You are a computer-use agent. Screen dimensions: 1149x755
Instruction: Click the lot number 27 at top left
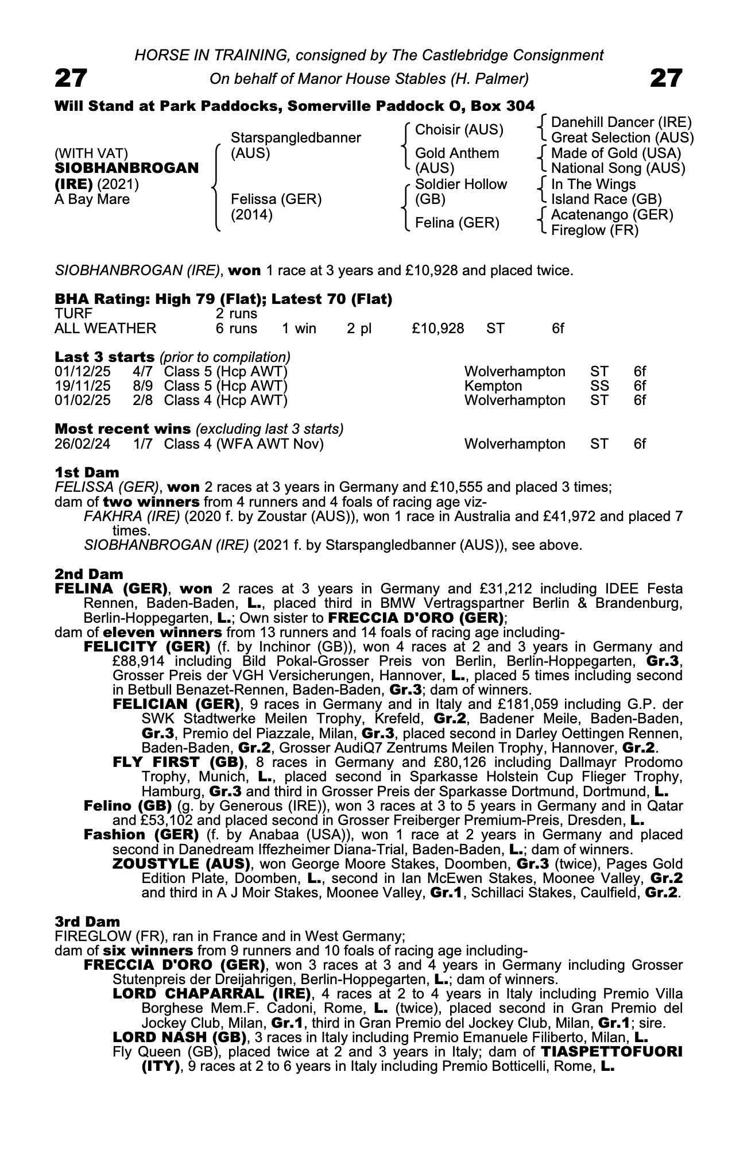71,78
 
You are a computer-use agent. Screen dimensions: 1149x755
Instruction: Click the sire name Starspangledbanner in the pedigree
296,138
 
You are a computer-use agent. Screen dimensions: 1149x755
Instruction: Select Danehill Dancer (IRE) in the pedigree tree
621,122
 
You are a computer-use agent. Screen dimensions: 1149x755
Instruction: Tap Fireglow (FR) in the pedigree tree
595,230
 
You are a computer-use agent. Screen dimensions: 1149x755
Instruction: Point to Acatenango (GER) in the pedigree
612,215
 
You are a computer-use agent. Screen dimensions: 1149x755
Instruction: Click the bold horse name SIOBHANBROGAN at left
127,168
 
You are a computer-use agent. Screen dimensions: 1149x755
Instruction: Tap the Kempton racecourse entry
493,386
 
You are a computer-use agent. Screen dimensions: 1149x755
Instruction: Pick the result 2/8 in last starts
143,400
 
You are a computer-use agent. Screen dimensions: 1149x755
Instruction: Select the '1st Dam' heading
87,472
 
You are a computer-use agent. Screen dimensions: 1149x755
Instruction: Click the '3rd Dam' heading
87,922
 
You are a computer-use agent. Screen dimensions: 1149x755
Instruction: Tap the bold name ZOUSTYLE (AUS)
181,864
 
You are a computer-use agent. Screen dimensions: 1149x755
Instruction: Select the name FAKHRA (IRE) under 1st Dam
133,516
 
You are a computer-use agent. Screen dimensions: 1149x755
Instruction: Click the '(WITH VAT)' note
91,153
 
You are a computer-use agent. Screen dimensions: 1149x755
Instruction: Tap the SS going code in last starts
599,386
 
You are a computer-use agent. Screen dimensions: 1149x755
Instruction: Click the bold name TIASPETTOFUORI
611,1052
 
